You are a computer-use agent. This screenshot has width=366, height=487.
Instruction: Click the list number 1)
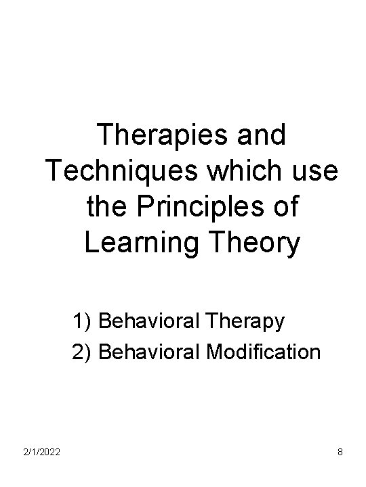[82, 321]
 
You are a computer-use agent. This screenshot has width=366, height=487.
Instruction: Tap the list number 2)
[82, 352]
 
